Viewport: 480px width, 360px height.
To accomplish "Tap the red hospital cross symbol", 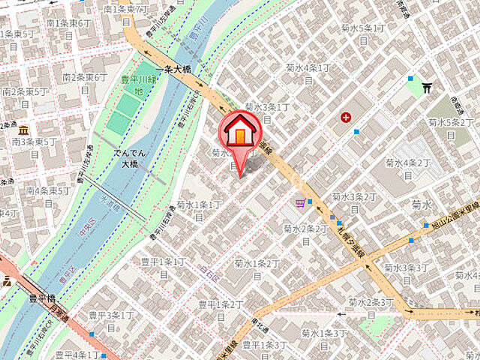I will [346, 117].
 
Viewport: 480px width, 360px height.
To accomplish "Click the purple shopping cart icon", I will [301, 202].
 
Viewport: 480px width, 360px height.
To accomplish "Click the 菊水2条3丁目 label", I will [370, 307].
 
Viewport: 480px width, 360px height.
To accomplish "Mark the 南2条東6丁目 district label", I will [85, 82].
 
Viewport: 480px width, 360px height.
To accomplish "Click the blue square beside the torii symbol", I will [410, 78].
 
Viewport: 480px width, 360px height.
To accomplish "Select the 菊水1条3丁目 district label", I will [324, 337].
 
